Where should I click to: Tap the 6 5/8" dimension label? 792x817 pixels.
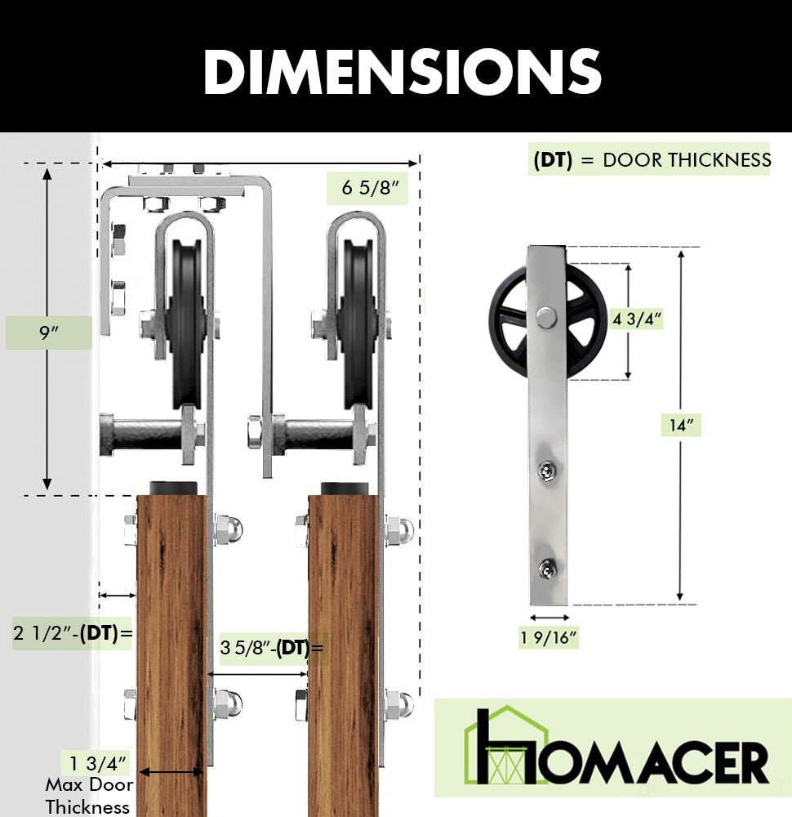pos(370,188)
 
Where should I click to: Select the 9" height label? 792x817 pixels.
pos(48,332)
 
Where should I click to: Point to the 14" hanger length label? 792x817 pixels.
pos(681,425)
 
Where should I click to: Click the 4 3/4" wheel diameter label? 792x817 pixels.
pos(637,319)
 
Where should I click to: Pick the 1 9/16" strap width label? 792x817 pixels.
pos(549,637)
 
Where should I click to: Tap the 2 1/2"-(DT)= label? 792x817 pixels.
pos(73,633)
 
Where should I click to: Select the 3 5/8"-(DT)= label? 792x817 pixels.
pos(271,648)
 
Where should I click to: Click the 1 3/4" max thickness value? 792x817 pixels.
pos(97,764)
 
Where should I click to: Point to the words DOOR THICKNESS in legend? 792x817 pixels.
pos(687,160)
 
